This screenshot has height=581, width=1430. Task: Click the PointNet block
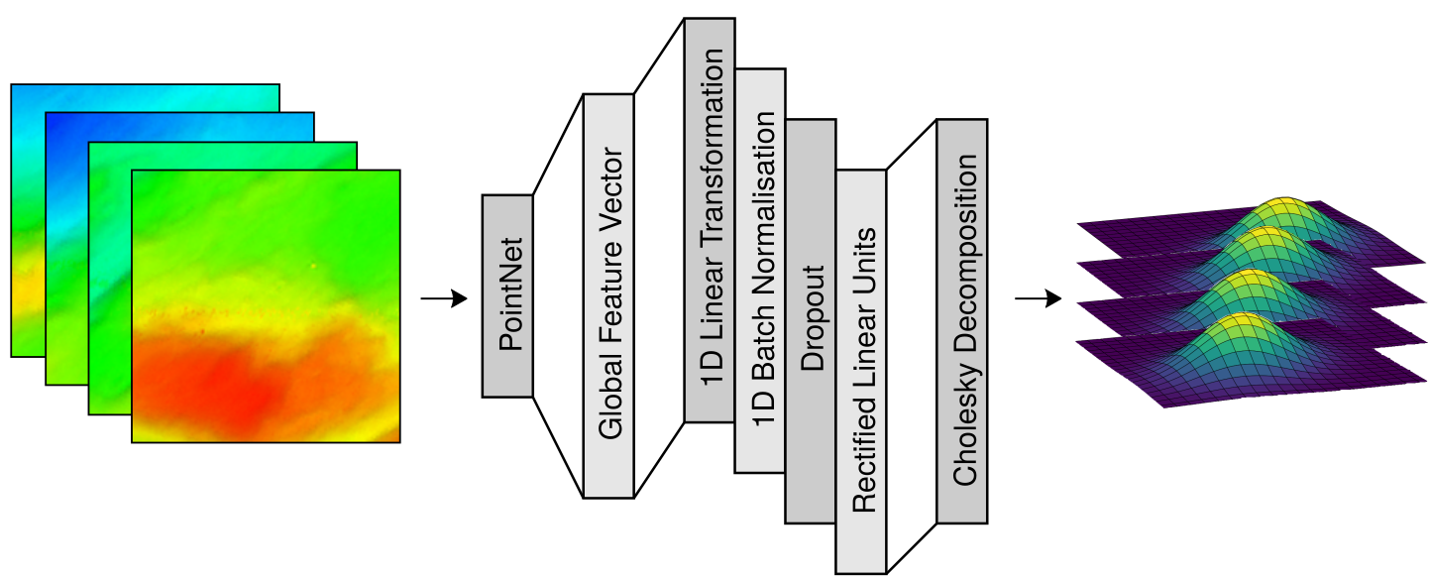[x=507, y=296]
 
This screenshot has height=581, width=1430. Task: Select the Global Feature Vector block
[x=608, y=295]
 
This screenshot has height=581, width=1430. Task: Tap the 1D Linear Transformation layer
[x=710, y=219]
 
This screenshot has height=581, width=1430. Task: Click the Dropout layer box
[x=811, y=321]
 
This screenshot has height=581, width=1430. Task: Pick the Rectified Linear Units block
[x=861, y=371]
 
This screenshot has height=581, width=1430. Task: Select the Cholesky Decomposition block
[x=962, y=321]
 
